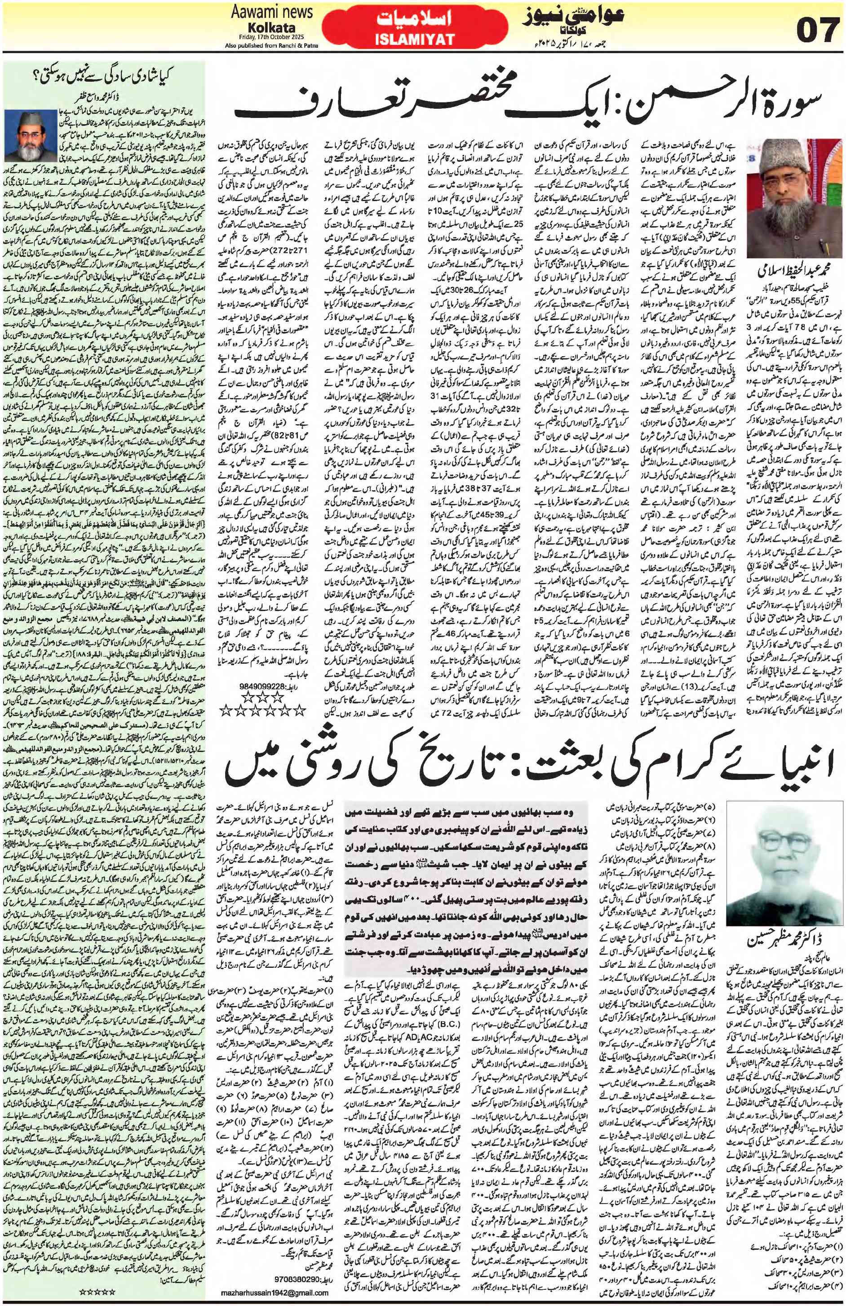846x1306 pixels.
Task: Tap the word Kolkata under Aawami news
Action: [x=273, y=27]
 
